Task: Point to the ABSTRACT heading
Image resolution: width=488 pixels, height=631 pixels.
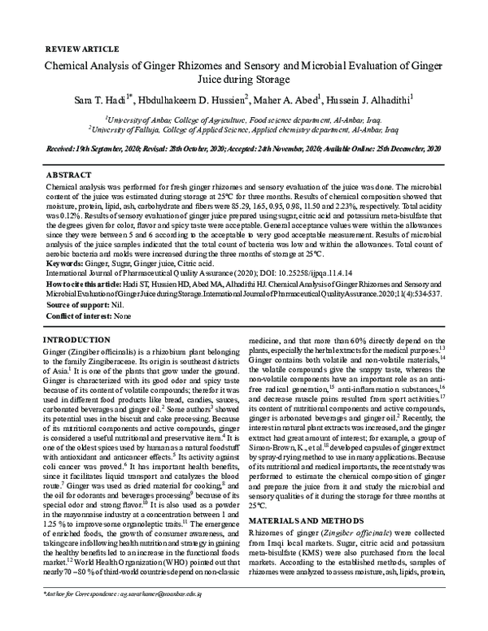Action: pyautogui.click(x=69, y=175)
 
